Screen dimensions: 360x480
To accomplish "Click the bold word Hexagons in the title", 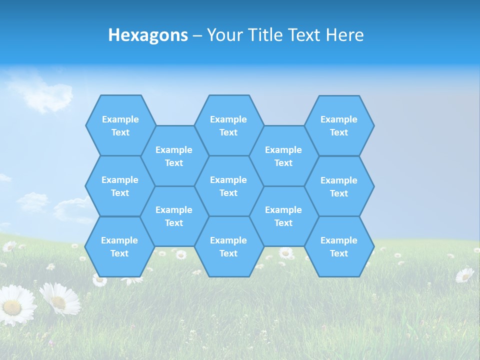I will (148, 35).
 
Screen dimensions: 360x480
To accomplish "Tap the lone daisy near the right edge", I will (464, 274).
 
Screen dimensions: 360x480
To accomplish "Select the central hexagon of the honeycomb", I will (228, 186).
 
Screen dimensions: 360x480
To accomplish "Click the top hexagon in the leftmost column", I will (120, 125).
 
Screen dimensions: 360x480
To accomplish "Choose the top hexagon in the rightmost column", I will (339, 125).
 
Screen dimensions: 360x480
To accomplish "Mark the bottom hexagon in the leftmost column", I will (119, 246).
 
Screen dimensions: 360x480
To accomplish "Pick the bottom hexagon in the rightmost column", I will (339, 246).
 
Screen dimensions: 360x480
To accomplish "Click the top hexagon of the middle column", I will (228, 125).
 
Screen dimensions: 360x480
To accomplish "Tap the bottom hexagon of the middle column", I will (228, 246).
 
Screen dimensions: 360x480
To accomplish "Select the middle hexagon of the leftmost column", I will (120, 186).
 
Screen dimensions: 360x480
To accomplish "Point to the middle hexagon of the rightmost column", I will (339, 186).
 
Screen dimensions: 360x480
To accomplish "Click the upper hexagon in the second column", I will (174, 156).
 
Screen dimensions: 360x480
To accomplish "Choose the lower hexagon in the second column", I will (174, 216).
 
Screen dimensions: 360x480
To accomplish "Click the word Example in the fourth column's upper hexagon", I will (283, 150).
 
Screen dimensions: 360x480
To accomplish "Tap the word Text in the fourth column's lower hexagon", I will (283, 223).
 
